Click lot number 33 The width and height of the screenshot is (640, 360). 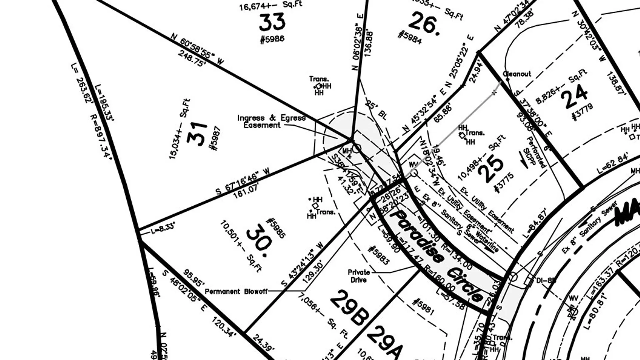(272, 23)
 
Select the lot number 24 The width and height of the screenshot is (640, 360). (573, 96)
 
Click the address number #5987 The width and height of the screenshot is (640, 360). (215, 138)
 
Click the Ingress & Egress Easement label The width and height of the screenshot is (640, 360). (271, 122)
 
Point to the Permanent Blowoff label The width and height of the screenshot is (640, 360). (236, 292)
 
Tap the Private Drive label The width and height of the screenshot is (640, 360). (359, 276)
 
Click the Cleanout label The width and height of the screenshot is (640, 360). (517, 74)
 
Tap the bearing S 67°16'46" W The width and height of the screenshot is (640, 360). (242, 181)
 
